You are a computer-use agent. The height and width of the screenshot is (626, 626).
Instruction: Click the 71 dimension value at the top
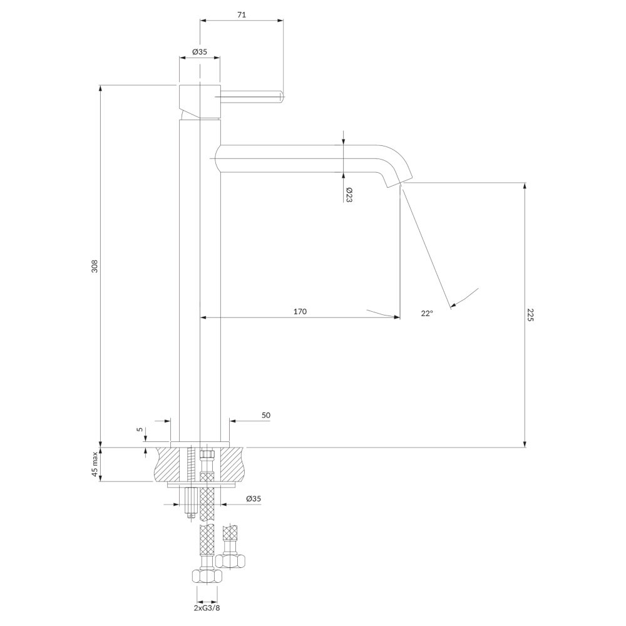pos(242,15)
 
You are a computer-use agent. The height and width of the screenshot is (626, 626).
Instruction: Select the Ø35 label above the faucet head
pos(199,51)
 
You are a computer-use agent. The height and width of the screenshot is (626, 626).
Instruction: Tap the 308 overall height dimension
pos(95,266)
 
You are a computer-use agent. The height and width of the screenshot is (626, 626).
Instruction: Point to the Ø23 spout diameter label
pos(349,195)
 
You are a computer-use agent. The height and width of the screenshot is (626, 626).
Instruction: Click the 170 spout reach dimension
pos(300,311)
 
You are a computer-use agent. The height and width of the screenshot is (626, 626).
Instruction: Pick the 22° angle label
pos(426,314)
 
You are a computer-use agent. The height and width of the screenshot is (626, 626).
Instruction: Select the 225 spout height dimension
pos(530,314)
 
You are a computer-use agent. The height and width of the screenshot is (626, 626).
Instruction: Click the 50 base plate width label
pos(266,415)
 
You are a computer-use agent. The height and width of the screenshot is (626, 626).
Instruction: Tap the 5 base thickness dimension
pos(139,429)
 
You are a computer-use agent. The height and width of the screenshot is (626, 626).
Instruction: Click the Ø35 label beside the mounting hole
pos(254,498)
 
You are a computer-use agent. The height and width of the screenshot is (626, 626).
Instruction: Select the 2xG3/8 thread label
pos(207,608)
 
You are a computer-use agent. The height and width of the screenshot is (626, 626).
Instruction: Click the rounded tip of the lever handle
pos(281,96)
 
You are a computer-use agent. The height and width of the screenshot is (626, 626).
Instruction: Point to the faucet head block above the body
pos(199,102)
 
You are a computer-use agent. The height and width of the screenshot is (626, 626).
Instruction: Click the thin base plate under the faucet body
pos(200,444)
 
